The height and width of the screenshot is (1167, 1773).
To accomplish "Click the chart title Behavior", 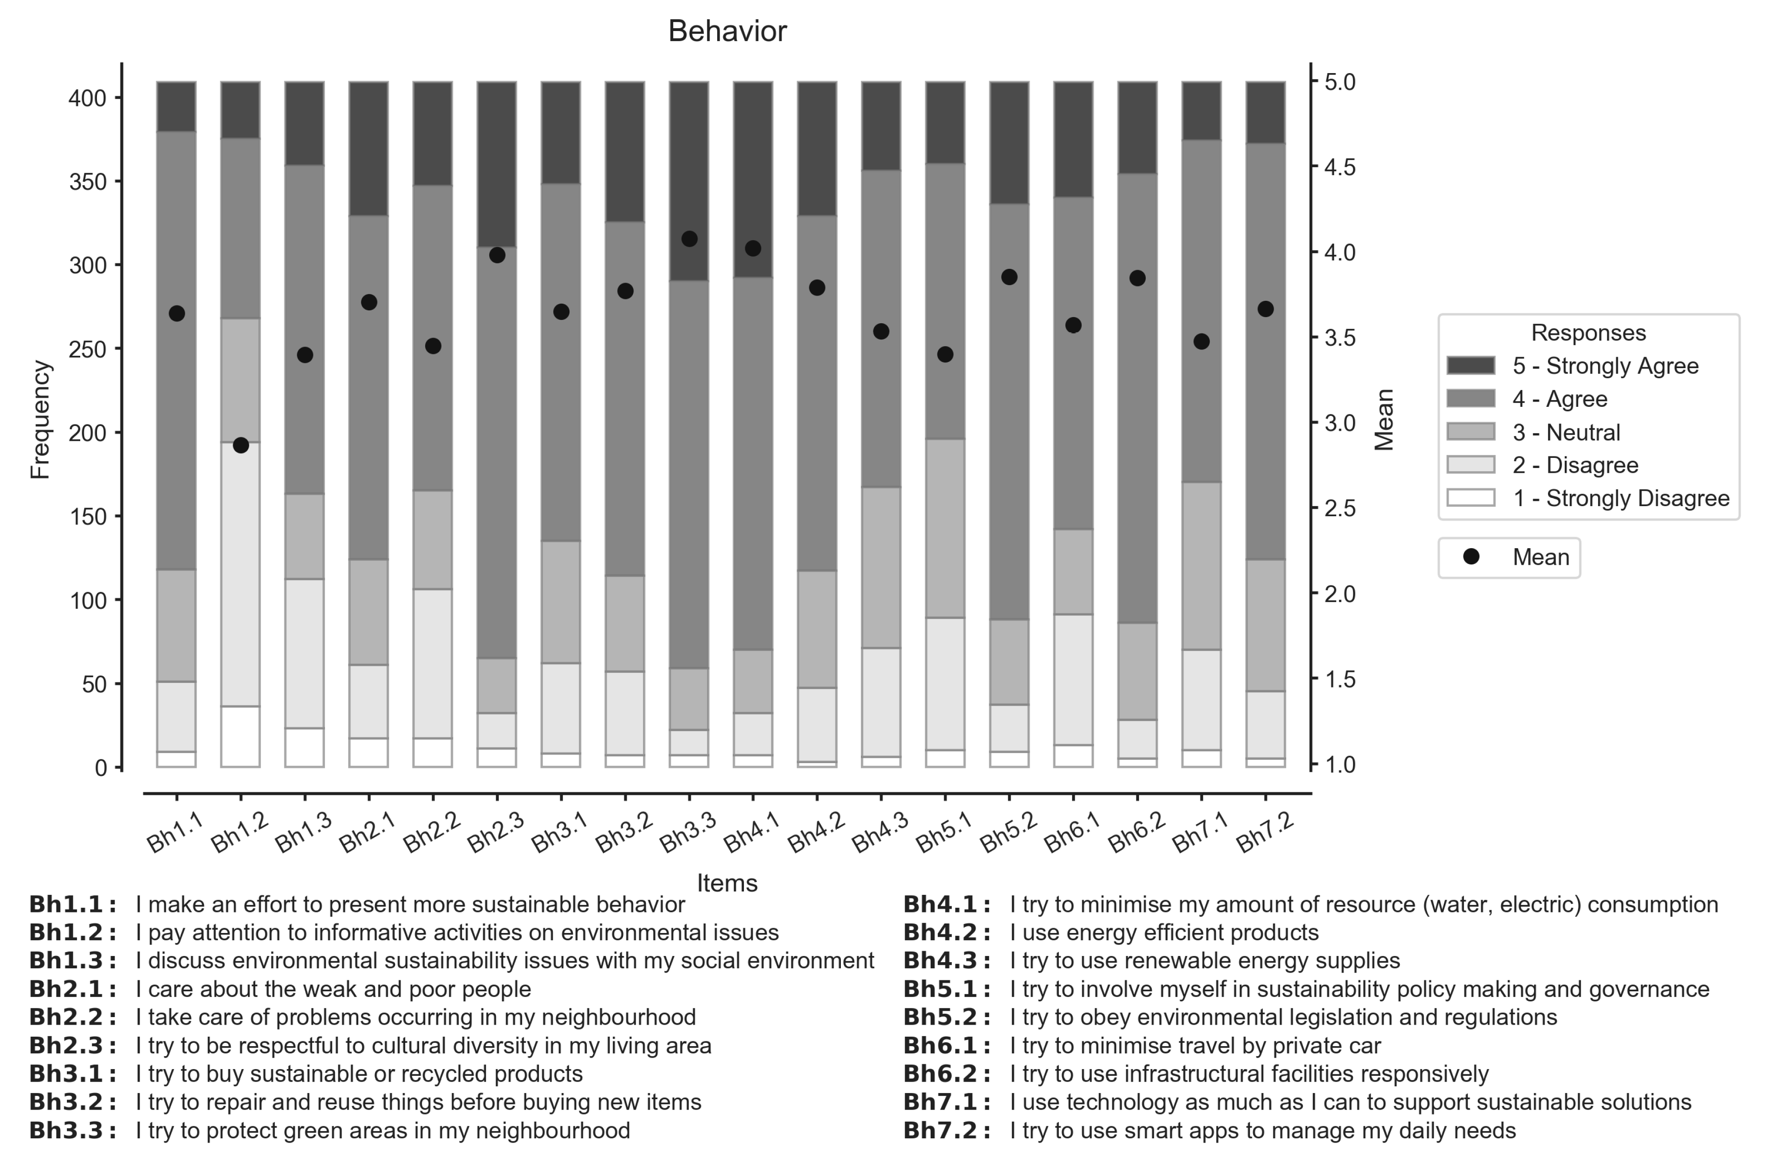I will [727, 32].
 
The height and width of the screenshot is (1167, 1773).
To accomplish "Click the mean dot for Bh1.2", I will [241, 446].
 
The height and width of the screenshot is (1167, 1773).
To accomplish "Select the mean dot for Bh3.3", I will [689, 239].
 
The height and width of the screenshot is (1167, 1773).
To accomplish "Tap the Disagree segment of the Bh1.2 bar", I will [241, 573].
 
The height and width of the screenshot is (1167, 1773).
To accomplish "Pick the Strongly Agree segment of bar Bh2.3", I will [497, 164].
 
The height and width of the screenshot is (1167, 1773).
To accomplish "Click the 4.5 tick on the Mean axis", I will [1340, 167].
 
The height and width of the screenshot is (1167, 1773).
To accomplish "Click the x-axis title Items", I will [727, 883].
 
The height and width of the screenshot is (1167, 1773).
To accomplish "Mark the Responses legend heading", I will [1588, 332].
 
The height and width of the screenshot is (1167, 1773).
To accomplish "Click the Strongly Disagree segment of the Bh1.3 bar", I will [305, 747].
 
